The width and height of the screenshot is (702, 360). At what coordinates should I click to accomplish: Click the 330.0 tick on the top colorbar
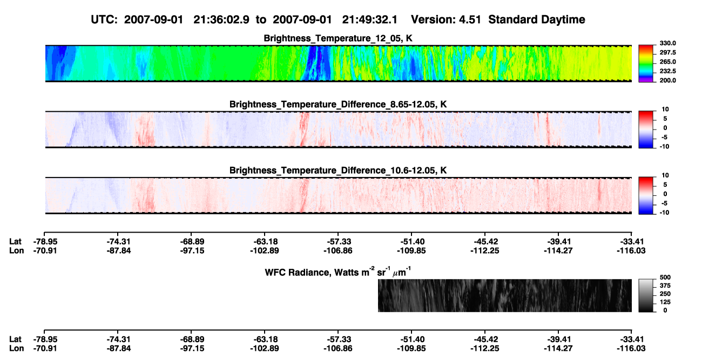(x=667, y=43)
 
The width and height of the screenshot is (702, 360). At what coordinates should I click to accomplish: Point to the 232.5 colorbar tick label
(x=667, y=71)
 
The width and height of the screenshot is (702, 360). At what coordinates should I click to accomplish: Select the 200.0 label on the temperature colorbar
(x=667, y=80)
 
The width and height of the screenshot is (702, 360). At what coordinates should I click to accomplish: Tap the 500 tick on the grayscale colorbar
(x=665, y=277)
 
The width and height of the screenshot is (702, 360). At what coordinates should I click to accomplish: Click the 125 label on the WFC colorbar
(x=665, y=302)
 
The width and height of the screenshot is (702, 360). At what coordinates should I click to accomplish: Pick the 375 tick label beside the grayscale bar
(x=665, y=286)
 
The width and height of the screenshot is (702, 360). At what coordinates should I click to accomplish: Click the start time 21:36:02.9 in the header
(x=221, y=20)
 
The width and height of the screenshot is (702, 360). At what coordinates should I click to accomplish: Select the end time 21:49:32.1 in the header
(x=370, y=20)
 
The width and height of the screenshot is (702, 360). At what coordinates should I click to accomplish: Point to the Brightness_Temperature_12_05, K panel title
(x=338, y=38)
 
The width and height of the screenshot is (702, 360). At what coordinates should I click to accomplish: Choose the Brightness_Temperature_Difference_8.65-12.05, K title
(x=338, y=104)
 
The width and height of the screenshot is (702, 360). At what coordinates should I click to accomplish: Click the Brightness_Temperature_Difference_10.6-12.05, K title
(x=338, y=171)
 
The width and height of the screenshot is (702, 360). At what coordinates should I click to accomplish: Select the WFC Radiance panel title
(x=338, y=271)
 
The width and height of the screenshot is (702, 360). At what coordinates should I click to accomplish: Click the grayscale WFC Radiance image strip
(x=504, y=295)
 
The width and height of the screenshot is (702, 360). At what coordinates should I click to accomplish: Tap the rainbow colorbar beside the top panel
(x=646, y=64)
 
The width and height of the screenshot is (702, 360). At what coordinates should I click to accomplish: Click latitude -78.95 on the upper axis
(x=45, y=242)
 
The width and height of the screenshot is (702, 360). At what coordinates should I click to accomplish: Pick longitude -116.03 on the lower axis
(x=631, y=349)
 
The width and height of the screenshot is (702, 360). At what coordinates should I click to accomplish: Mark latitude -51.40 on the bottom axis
(x=411, y=339)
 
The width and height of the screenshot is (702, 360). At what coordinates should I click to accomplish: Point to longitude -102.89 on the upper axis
(x=265, y=250)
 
